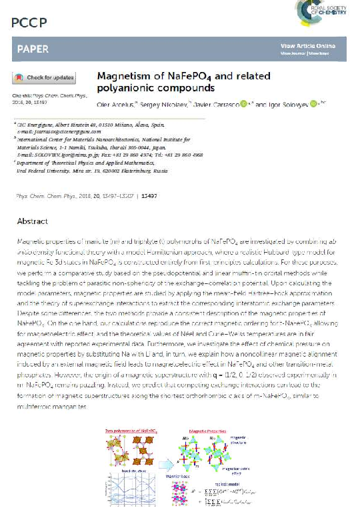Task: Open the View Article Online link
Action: [x=306, y=45]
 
